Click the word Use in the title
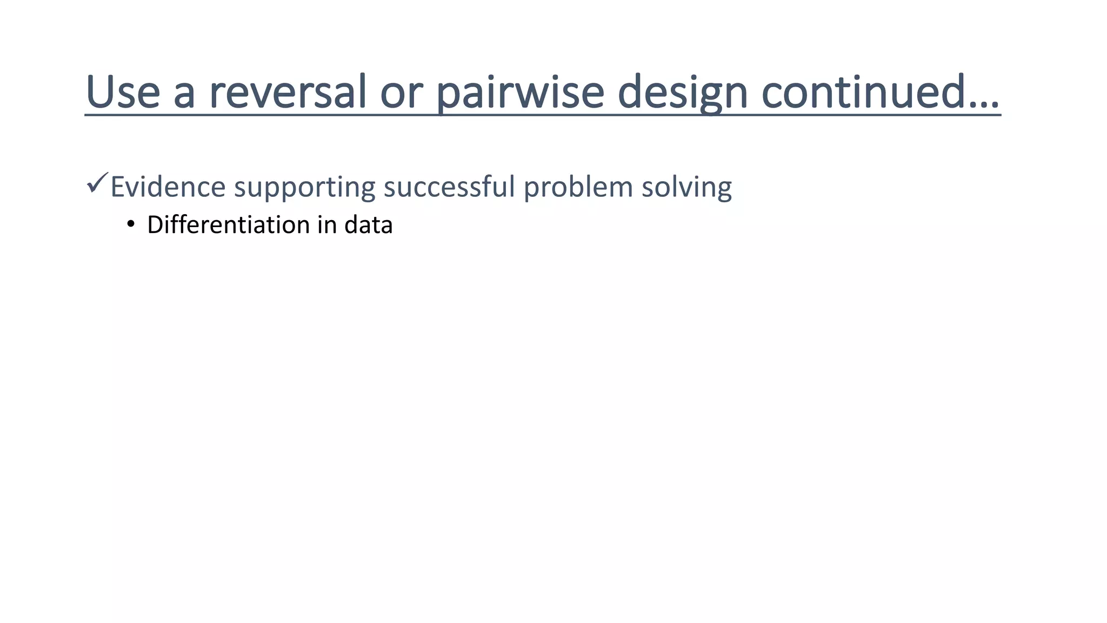pyautogui.click(x=123, y=92)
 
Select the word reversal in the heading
pyautogui.click(x=288, y=92)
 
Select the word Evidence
pyautogui.click(x=168, y=187)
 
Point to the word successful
pyautogui.click(x=449, y=187)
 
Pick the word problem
pyautogui.click(x=578, y=187)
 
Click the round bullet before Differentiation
pyautogui.click(x=130, y=224)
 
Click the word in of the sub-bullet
pyautogui.click(x=327, y=224)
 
